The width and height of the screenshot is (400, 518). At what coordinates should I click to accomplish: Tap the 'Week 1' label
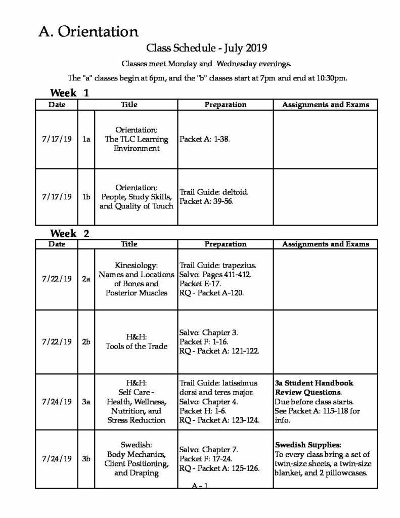(69, 93)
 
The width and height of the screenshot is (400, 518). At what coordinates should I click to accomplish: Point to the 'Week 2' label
(69, 233)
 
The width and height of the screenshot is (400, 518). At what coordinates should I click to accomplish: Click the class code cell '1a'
(86, 139)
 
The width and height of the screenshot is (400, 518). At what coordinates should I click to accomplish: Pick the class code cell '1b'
(86, 196)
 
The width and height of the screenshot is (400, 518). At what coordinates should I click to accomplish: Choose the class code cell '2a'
(86, 279)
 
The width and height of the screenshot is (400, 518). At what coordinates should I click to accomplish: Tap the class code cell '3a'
(86, 402)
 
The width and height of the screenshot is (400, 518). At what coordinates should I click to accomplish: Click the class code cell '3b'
(86, 459)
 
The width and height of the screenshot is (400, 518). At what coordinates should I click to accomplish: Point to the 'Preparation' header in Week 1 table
(225, 105)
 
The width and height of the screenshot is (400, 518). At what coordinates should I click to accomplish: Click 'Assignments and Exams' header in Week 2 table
(325, 244)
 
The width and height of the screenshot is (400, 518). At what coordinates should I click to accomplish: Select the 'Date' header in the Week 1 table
(57, 105)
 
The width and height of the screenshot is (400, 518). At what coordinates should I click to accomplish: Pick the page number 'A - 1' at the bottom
(200, 486)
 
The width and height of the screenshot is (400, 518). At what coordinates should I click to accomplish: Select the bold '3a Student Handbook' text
(314, 383)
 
